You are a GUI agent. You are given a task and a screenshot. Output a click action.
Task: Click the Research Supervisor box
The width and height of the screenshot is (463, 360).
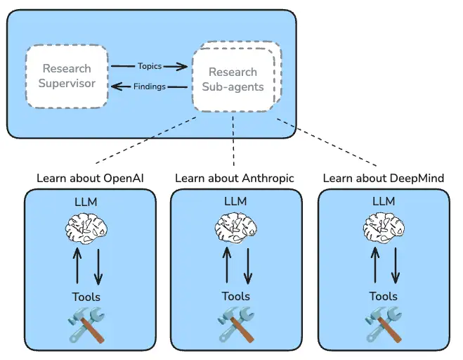pos(67,76)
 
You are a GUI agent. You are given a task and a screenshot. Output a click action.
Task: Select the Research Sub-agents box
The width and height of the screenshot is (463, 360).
pos(233,79)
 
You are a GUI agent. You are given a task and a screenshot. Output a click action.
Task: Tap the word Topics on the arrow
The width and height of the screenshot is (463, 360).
pos(150,66)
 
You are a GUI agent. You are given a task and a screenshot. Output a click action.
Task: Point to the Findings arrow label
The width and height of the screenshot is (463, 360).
pos(150,86)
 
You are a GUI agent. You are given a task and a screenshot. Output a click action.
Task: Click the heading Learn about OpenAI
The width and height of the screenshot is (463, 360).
pos(90,178)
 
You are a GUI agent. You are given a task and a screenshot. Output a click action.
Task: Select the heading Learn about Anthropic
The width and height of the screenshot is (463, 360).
pos(235,178)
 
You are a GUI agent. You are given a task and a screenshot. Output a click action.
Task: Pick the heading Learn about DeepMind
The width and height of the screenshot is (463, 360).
pos(384,178)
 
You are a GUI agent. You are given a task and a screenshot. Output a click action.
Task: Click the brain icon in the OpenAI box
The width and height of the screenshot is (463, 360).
pos(86,229)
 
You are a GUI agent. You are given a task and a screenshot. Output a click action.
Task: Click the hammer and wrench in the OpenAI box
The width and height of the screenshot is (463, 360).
pos(86,325)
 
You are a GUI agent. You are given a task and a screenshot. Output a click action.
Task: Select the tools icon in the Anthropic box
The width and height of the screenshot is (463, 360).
pos(236,325)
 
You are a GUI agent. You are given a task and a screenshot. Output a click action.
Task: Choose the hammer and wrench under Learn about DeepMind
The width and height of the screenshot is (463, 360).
pos(384,325)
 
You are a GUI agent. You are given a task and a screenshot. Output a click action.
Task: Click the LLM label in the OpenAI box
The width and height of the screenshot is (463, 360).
pos(86,202)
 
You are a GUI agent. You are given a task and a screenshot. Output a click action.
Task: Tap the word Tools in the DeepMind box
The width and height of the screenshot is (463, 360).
pos(384,296)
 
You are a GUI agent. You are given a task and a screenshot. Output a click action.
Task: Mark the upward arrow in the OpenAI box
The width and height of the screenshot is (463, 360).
pos(77,266)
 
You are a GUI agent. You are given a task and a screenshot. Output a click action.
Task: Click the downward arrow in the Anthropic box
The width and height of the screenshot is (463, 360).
pos(248,266)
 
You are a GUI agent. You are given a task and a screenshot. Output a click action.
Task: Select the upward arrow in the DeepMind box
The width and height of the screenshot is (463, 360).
pos(375,265)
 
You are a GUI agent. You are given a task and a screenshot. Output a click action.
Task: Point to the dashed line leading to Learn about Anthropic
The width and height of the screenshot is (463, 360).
pos(233,141)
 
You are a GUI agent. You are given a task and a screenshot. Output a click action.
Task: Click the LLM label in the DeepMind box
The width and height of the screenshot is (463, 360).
pos(384,201)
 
